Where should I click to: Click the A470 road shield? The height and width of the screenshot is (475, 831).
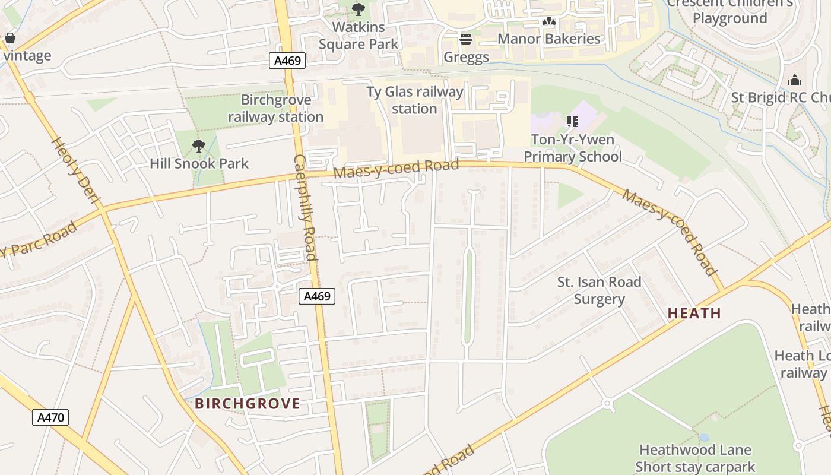(x=50, y=417)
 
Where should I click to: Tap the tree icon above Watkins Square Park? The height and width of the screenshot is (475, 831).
(x=359, y=9)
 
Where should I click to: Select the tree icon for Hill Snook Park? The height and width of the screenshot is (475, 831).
(x=199, y=145)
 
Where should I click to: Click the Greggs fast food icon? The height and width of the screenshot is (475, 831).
(x=466, y=39)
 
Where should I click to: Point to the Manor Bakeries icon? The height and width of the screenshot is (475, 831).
(x=548, y=21)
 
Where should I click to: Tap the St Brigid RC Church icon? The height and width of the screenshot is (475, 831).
(x=795, y=80)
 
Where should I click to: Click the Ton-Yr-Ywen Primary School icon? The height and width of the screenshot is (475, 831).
(x=572, y=122)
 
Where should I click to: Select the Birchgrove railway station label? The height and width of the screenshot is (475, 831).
(x=276, y=109)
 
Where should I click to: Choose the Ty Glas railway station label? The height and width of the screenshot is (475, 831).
(x=414, y=100)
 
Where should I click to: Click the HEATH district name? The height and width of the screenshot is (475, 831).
(x=694, y=313)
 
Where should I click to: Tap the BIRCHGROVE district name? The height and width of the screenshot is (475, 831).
(x=248, y=404)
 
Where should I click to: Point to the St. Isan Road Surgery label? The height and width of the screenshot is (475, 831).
(x=599, y=290)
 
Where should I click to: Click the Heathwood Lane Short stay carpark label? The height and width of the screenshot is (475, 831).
(x=694, y=458)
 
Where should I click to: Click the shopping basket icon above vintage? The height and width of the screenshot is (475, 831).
(x=9, y=39)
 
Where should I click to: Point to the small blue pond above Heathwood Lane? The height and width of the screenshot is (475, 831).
(x=703, y=437)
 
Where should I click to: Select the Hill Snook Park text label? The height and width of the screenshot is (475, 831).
(x=199, y=163)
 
